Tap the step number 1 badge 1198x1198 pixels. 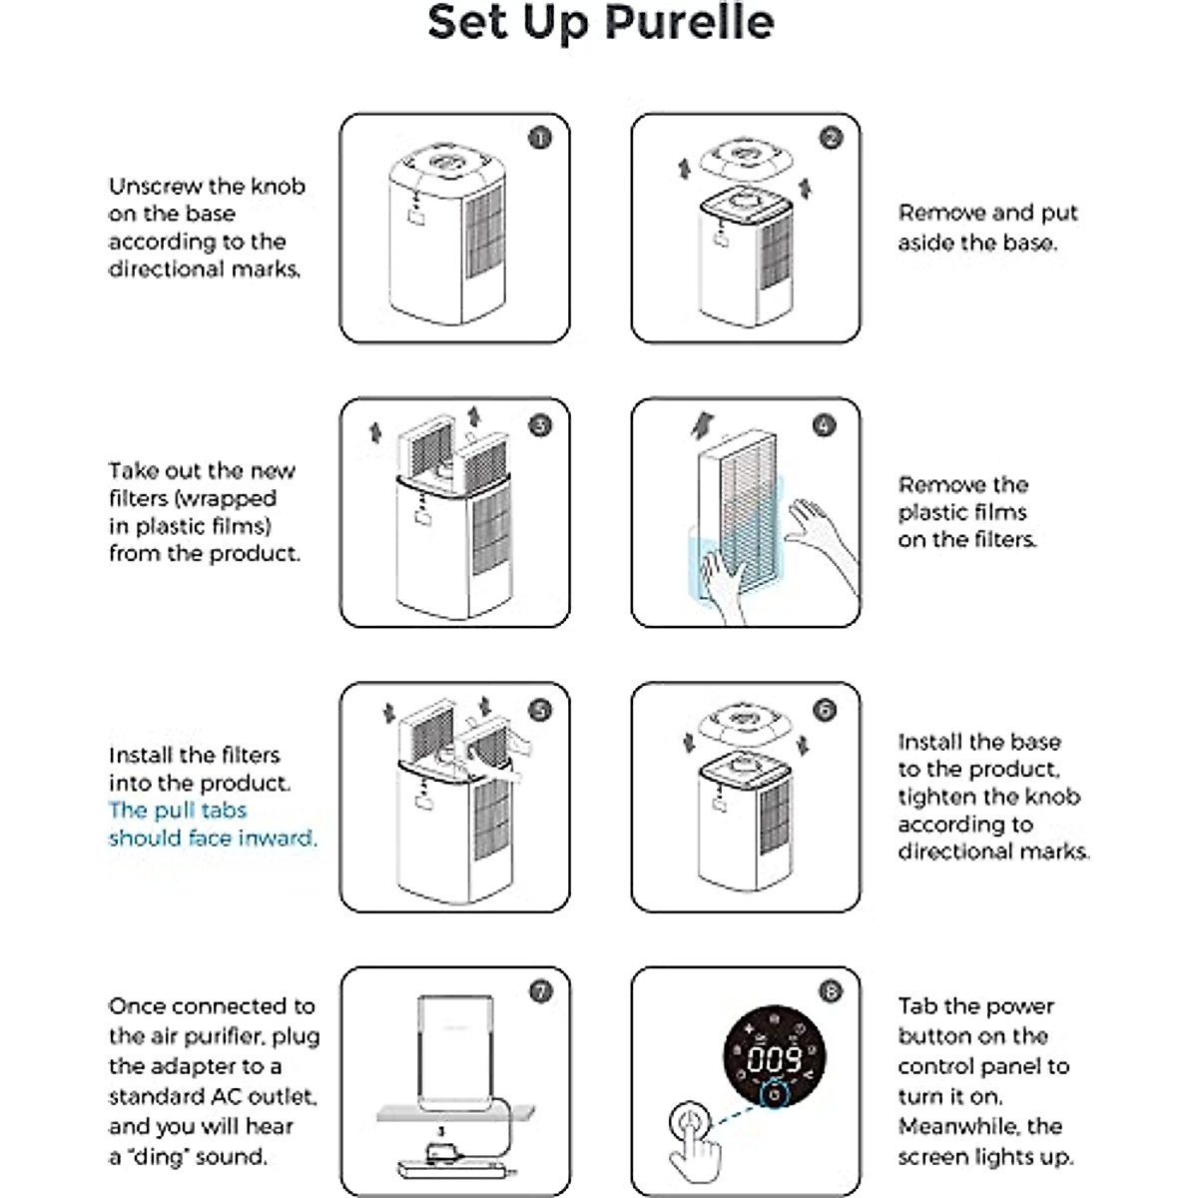click(539, 138)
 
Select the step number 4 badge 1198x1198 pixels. click(823, 425)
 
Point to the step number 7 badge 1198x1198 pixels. click(540, 991)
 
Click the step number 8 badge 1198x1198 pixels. click(830, 991)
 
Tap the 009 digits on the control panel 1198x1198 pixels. click(775, 1058)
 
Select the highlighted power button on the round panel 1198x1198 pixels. click(775, 1095)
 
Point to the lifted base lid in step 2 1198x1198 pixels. click(745, 157)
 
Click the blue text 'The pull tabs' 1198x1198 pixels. click(178, 810)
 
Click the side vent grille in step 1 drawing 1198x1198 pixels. click(483, 235)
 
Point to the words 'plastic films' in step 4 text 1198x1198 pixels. click(962, 512)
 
